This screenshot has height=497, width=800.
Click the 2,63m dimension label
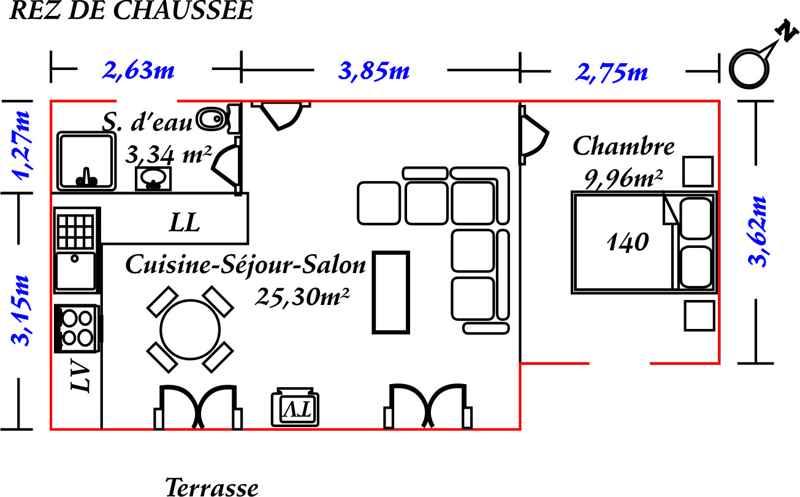(x=138, y=71)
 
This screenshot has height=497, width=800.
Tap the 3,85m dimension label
(x=374, y=71)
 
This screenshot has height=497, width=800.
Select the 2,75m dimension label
(x=611, y=73)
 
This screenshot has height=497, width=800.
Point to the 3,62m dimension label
(x=757, y=231)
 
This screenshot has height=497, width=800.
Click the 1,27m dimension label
(x=21, y=145)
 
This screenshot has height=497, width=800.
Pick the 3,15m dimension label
(x=20, y=310)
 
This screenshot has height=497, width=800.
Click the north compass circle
(x=749, y=69)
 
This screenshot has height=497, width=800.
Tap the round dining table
(x=190, y=329)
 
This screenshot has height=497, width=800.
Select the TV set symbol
(x=295, y=407)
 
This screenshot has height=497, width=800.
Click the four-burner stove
(x=78, y=328)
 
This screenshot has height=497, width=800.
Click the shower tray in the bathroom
(x=86, y=161)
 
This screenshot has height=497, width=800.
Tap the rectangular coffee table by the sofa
(x=390, y=293)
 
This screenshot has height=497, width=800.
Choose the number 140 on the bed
(x=628, y=242)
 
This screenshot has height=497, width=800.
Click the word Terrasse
(x=211, y=487)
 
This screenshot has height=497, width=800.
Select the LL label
(x=185, y=223)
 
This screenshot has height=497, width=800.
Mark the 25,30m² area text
(x=302, y=297)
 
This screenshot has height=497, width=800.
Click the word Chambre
(x=623, y=146)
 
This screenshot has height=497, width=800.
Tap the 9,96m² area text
(x=623, y=179)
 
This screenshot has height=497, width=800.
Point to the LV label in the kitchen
(x=80, y=375)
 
